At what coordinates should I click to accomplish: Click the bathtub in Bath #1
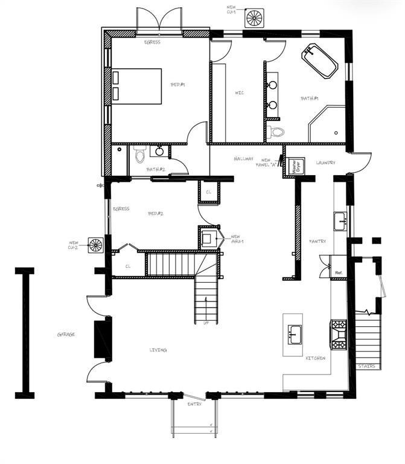[320, 61]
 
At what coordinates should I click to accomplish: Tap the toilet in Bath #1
[276, 131]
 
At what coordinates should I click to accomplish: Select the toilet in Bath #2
[140, 155]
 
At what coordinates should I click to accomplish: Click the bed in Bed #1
[138, 86]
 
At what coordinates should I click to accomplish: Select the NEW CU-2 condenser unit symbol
[96, 245]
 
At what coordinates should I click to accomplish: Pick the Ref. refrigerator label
[339, 273]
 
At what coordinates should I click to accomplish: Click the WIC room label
[238, 92]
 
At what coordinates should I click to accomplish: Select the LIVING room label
[158, 350]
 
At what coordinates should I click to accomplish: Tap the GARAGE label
[66, 334]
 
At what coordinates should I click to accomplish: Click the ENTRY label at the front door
[194, 404]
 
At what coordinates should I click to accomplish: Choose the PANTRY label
[317, 241]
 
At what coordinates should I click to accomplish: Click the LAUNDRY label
[325, 163]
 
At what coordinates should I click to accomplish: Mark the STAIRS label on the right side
[366, 366]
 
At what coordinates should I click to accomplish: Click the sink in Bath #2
[161, 152]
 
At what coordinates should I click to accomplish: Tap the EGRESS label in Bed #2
[121, 208]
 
